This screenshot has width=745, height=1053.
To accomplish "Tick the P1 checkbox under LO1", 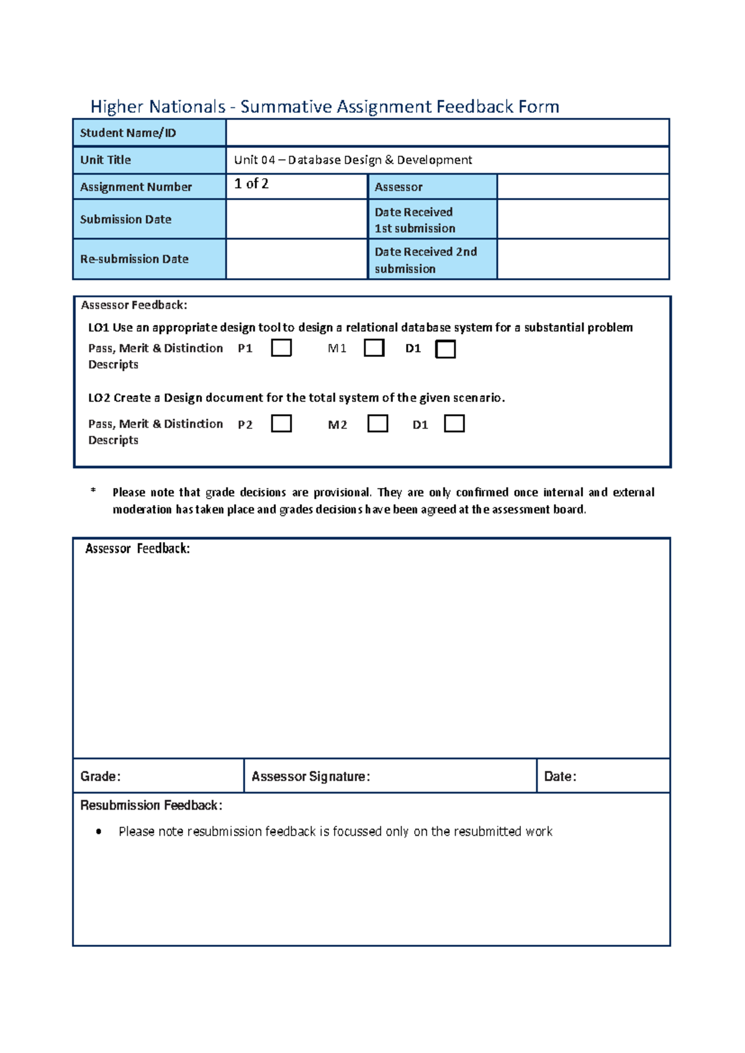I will [281, 348].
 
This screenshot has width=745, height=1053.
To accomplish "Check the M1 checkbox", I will [374, 348].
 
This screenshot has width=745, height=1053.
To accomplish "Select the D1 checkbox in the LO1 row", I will [446, 349].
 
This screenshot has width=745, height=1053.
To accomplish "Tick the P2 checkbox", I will [281, 423].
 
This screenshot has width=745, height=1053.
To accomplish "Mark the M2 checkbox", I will [377, 423].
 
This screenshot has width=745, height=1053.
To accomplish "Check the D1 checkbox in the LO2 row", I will [454, 423].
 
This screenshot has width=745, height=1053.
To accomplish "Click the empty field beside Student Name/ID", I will [447, 133].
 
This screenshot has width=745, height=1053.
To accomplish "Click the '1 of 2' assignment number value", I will [251, 184].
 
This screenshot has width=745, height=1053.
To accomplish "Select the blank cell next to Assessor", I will [582, 186].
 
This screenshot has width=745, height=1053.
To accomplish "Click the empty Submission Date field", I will [297, 219].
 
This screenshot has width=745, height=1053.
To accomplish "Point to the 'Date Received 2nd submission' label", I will [425, 260].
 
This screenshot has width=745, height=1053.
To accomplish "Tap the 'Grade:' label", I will [101, 776].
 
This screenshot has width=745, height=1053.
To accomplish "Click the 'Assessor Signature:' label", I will [310, 776].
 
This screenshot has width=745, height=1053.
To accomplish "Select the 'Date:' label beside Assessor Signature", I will [560, 776].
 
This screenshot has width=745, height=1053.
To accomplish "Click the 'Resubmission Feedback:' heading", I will [151, 805].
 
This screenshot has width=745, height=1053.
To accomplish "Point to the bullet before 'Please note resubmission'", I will [99, 831].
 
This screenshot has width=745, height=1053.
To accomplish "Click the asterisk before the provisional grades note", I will [93, 490].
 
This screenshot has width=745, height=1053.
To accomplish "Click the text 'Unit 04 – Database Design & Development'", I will [353, 160].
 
